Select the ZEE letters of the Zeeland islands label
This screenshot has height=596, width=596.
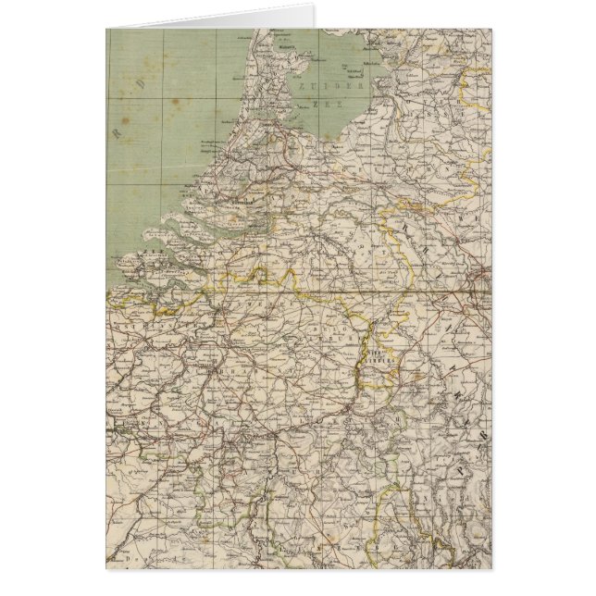(151, 251)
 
